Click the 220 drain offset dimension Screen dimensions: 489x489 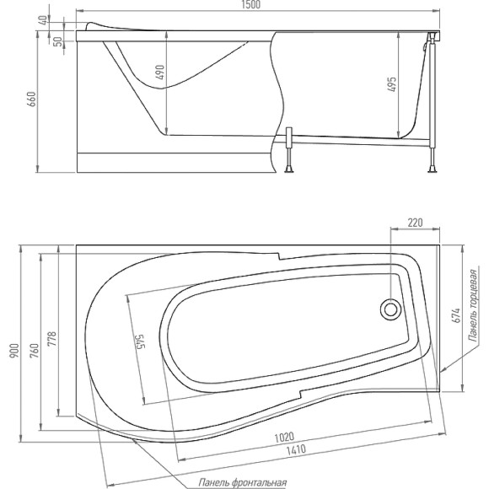pos(415,223)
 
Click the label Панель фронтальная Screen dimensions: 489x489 pos(243,482)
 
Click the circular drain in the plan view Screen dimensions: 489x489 pos(391,309)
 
